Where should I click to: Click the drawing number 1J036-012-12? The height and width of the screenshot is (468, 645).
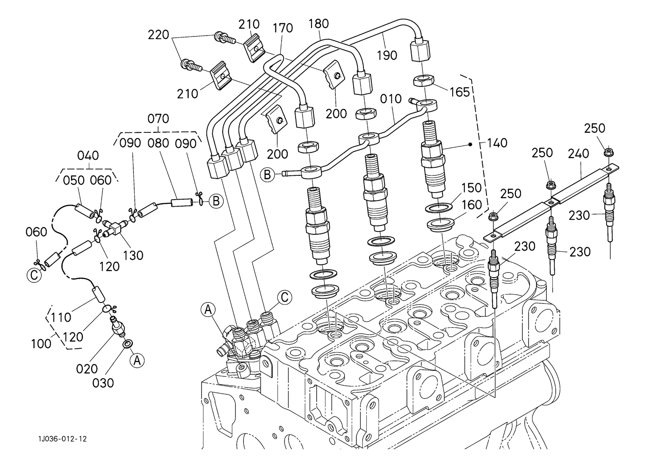pyautogui.click(x=63, y=439)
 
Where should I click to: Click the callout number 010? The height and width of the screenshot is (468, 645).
pyautogui.click(x=391, y=99)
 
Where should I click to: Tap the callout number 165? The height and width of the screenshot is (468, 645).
pyautogui.click(x=459, y=92)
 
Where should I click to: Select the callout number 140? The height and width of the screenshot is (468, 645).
pyautogui.click(x=497, y=143)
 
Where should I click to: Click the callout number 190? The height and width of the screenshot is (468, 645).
pyautogui.click(x=386, y=55)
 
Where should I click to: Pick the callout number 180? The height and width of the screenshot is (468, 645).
pyautogui.click(x=319, y=24)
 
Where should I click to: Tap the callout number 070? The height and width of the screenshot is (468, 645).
pyautogui.click(x=158, y=119)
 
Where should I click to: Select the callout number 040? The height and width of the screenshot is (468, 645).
pyautogui.click(x=87, y=155)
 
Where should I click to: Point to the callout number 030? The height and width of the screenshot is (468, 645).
pyautogui.click(x=102, y=383)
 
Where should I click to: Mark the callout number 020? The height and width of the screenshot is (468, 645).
pyautogui.click(x=87, y=368)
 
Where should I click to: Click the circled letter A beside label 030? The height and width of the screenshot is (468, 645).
pyautogui.click(x=136, y=360)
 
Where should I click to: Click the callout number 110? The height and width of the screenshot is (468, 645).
pyautogui.click(x=61, y=318)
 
